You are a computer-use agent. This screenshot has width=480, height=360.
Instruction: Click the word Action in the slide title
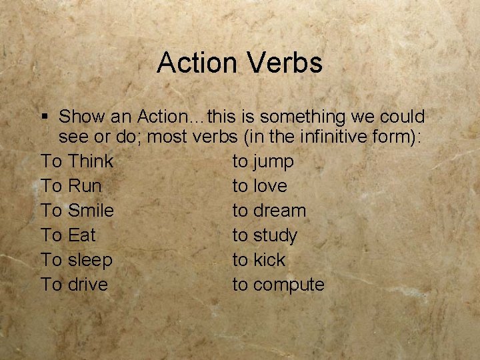[x=197, y=63]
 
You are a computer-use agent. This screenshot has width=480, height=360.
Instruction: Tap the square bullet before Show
[x=45, y=117]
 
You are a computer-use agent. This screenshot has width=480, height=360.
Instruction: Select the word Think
[x=91, y=161]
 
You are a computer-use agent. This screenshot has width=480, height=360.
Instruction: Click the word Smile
[x=91, y=211]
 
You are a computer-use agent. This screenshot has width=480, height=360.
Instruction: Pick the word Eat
[x=82, y=235]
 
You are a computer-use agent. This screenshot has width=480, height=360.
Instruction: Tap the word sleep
[x=90, y=260]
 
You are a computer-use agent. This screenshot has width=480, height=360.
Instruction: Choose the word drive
[x=87, y=285]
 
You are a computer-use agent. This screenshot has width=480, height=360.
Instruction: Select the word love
[x=270, y=186]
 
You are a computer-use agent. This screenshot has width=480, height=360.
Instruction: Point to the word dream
[x=279, y=211]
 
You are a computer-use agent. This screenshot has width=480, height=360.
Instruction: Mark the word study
[x=275, y=236]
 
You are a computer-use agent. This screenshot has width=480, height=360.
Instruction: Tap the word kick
[x=269, y=260]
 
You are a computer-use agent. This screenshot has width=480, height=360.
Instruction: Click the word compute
[x=289, y=285]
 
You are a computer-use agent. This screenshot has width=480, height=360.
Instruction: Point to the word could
[x=403, y=117]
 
